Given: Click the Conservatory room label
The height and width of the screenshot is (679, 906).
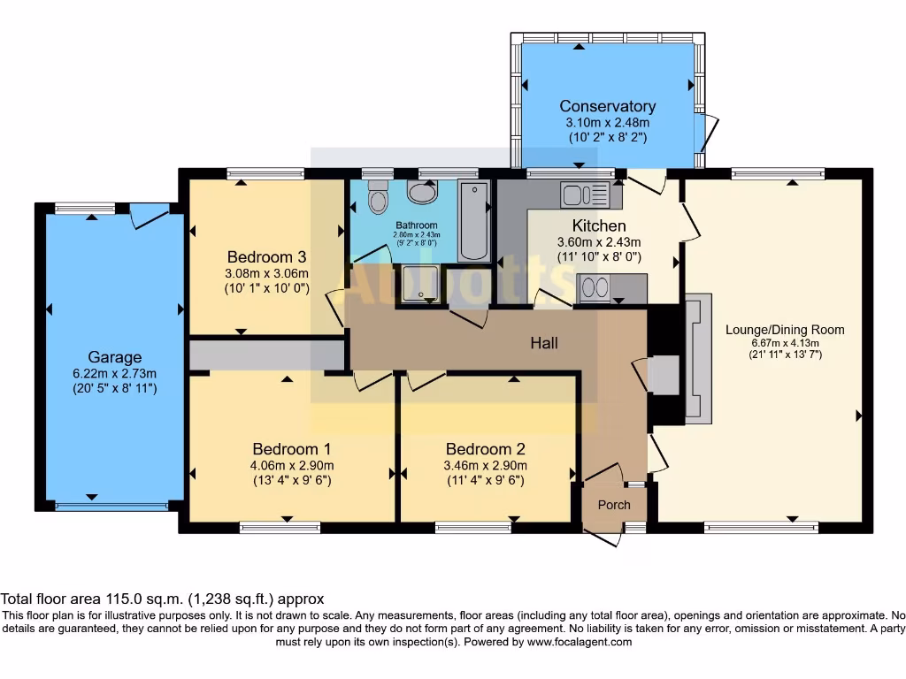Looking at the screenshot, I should click(x=608, y=107).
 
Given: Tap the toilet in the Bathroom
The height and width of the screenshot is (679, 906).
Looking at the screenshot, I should click(x=379, y=199).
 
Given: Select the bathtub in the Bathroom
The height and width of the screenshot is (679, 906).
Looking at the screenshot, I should click(x=474, y=221).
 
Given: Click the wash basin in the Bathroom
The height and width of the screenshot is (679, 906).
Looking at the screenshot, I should click(x=423, y=192).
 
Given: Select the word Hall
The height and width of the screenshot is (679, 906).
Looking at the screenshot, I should click(x=544, y=342).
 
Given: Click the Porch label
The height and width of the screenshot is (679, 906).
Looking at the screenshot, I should click(x=614, y=505).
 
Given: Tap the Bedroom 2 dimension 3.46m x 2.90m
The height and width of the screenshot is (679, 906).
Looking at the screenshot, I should click(x=486, y=466).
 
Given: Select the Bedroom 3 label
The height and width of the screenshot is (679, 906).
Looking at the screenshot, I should click(x=265, y=256).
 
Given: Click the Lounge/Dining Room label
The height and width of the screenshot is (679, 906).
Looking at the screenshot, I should click(x=785, y=330).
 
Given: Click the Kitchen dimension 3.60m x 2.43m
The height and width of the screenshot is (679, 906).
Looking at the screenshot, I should click(x=598, y=242).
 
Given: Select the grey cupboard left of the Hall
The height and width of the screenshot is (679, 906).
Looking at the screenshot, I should click(x=266, y=355).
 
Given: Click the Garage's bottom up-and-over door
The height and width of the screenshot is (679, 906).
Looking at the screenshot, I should click(x=111, y=507).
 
